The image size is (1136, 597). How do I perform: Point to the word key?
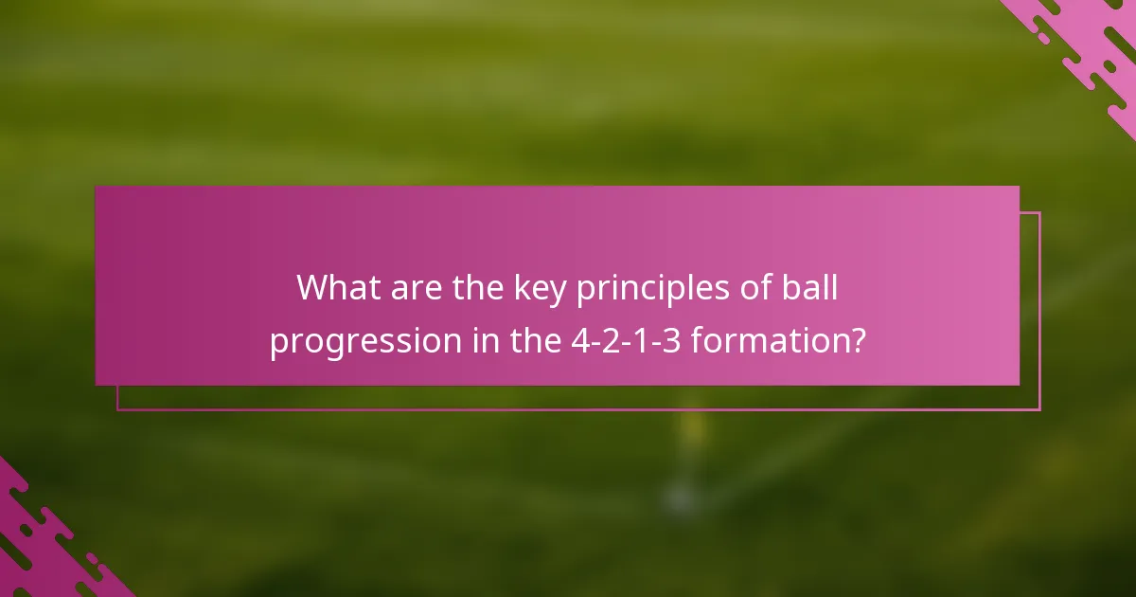click(543, 288)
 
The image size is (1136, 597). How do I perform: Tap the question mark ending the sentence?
click(857, 340)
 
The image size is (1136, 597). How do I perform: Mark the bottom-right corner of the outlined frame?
click(1039, 409)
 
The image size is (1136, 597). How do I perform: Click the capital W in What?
click(315, 288)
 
